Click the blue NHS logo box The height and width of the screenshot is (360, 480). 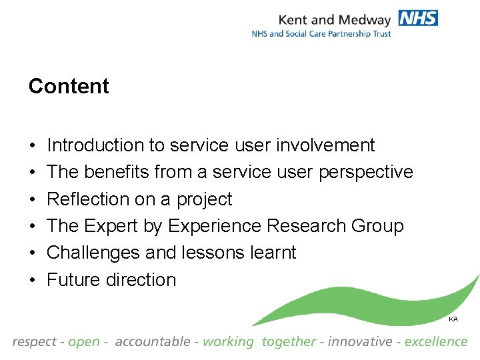click(x=418, y=18)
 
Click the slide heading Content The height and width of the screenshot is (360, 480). click(x=69, y=87)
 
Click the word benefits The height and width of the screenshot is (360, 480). click(x=116, y=172)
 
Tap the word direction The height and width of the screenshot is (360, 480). click(x=141, y=280)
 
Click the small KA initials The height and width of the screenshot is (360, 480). click(x=453, y=319)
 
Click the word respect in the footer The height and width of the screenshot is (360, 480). click(x=34, y=342)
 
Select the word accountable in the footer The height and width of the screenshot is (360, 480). click(x=153, y=342)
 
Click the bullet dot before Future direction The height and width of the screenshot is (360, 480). click(x=32, y=280)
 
